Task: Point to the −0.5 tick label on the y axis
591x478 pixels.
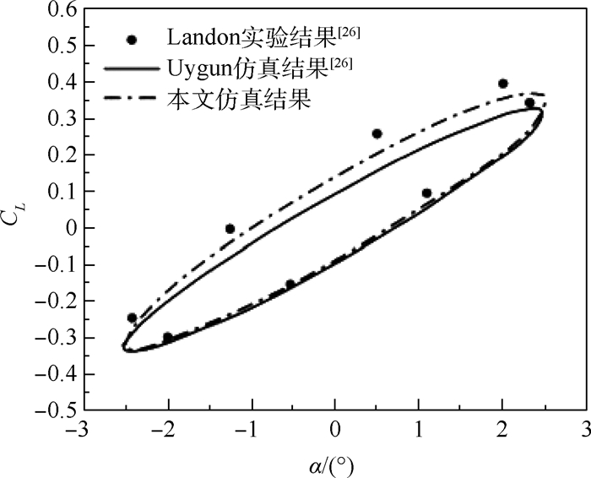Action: point(49,410)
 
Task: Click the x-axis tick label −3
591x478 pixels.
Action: point(77,430)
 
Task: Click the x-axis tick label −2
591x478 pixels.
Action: point(162,430)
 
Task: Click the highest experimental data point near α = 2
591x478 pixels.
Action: point(502,84)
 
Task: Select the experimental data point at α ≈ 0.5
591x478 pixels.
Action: point(377,133)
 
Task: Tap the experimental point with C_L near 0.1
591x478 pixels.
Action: point(426,193)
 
